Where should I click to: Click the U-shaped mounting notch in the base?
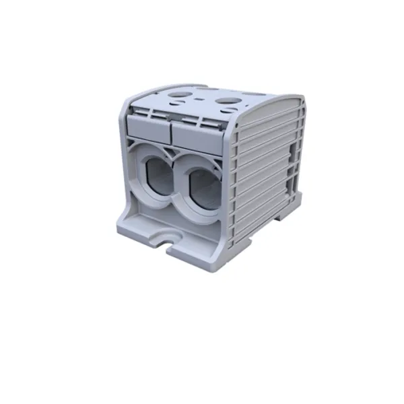pyautogui.click(x=165, y=238)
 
